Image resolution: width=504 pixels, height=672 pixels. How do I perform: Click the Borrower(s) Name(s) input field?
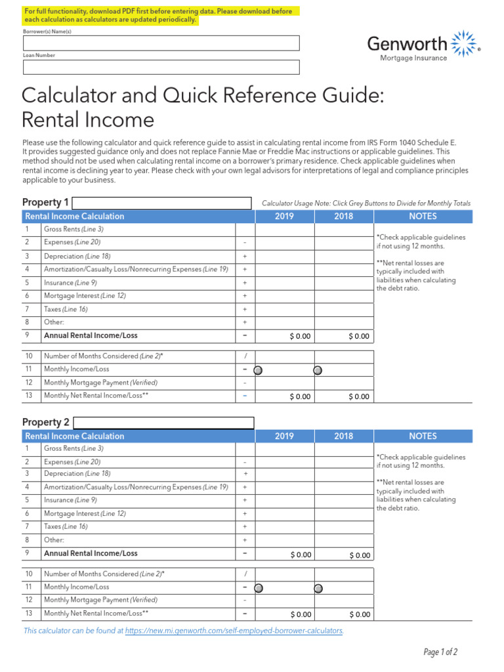coord(161,43)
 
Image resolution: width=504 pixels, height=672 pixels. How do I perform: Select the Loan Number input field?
coord(161,67)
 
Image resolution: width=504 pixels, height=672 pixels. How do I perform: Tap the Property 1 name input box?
coord(161,203)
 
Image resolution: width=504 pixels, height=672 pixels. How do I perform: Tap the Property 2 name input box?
coord(163,423)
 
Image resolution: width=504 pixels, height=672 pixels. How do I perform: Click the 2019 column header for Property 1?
coord(284,217)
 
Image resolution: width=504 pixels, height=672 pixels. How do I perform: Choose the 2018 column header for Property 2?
coord(343,436)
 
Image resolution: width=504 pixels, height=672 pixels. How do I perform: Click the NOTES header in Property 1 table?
coord(423,217)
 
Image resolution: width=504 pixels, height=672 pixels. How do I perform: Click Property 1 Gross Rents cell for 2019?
coord(285,230)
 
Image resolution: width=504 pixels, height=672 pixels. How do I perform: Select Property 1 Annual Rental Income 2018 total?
coord(344,336)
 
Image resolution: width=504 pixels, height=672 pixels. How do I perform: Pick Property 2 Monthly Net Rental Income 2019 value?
coord(285,614)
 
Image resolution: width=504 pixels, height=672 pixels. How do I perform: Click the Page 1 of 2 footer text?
coord(440,652)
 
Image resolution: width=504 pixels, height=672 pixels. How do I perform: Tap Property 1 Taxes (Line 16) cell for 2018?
coord(344,309)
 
